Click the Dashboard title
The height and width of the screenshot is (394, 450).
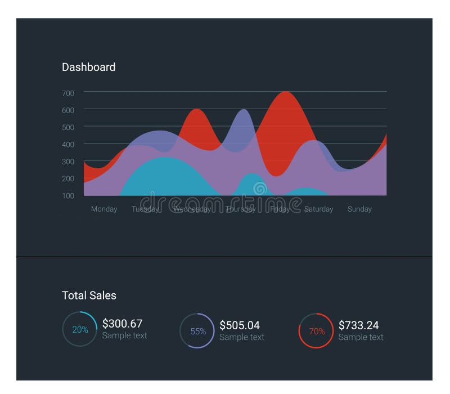tap(88, 67)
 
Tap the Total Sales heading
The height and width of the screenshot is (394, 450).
tap(89, 295)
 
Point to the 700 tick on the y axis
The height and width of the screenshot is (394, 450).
tap(68, 93)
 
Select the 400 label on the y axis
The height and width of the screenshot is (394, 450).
tap(68, 145)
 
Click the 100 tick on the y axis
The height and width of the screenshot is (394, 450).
tap(68, 195)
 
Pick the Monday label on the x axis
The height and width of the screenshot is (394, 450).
tap(104, 209)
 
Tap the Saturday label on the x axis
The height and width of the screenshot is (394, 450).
tap(318, 209)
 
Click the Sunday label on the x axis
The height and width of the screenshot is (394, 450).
tap(359, 209)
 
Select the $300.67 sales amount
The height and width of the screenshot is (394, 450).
tap(122, 324)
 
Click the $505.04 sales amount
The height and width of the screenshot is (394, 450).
tap(240, 325)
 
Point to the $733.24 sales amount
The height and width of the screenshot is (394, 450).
tap(358, 325)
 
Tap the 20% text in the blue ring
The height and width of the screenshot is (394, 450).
tap(80, 330)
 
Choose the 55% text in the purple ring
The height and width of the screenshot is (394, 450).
tap(198, 332)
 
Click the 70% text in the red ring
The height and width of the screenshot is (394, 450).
tap(317, 332)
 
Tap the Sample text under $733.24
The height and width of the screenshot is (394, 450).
tap(361, 337)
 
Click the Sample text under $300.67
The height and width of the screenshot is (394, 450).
tap(124, 335)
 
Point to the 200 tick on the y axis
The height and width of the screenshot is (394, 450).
tap(68, 178)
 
